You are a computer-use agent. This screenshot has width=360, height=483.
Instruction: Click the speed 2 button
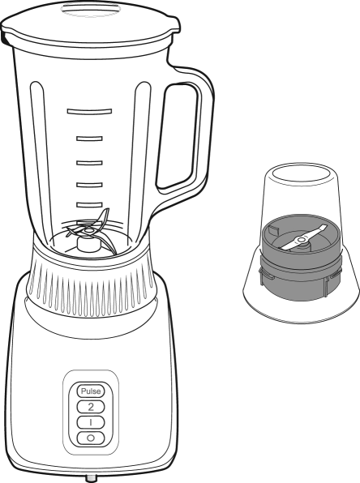[x=91, y=407]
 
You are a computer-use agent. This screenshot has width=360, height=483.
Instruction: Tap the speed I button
[x=91, y=423]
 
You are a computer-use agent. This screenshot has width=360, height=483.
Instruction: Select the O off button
[x=91, y=438]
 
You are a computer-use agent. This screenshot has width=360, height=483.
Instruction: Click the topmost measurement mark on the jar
[x=89, y=111]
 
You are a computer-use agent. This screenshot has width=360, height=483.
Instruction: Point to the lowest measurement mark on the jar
[x=89, y=205]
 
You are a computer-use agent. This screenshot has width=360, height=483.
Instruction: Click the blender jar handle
[x=185, y=132]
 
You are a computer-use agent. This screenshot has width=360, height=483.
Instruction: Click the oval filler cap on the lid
[x=89, y=9]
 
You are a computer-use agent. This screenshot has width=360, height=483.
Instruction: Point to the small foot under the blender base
[x=91, y=478]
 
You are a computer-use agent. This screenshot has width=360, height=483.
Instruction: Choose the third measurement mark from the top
[x=89, y=163]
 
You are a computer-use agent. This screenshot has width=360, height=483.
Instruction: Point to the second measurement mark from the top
[x=89, y=139]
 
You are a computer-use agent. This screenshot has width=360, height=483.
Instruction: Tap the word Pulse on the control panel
[x=91, y=391]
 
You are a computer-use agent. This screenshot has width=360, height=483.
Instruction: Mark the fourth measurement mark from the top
[x=89, y=185]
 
